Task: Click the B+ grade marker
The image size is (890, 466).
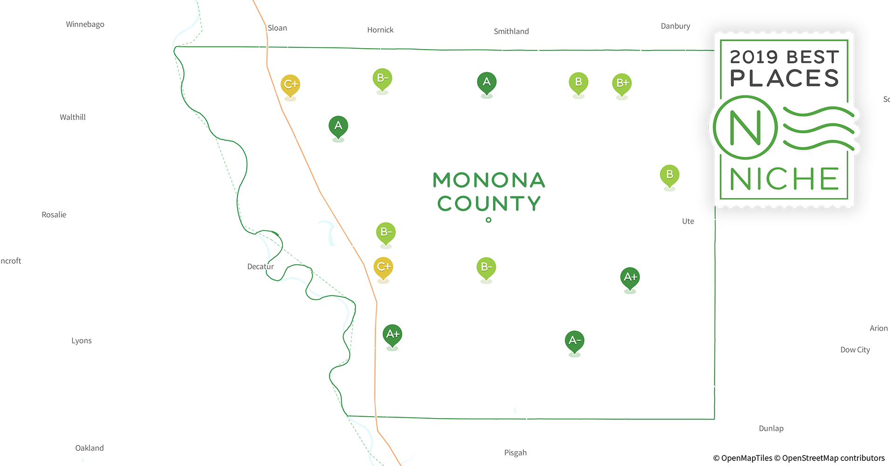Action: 622,83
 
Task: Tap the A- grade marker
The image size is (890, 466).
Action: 575,341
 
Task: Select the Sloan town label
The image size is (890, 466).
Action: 277,28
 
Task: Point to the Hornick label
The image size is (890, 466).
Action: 380,30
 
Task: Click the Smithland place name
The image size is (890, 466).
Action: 511,31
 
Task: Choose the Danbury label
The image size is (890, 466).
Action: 675,26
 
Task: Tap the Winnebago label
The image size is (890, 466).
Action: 85,24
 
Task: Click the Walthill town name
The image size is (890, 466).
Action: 73,117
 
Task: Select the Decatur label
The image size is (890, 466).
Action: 260,267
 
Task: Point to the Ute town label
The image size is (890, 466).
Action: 688,221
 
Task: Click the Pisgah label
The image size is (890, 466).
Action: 515,452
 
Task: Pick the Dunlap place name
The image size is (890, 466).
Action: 771,428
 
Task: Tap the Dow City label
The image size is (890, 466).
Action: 855,349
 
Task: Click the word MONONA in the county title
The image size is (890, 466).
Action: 489,180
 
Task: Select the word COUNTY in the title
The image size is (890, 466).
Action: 489,204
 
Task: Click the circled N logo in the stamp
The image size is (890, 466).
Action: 745,127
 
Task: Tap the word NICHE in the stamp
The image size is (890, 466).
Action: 784,179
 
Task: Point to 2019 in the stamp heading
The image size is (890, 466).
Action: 754,57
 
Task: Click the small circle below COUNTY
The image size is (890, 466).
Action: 488,220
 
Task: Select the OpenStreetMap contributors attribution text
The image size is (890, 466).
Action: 833,458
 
